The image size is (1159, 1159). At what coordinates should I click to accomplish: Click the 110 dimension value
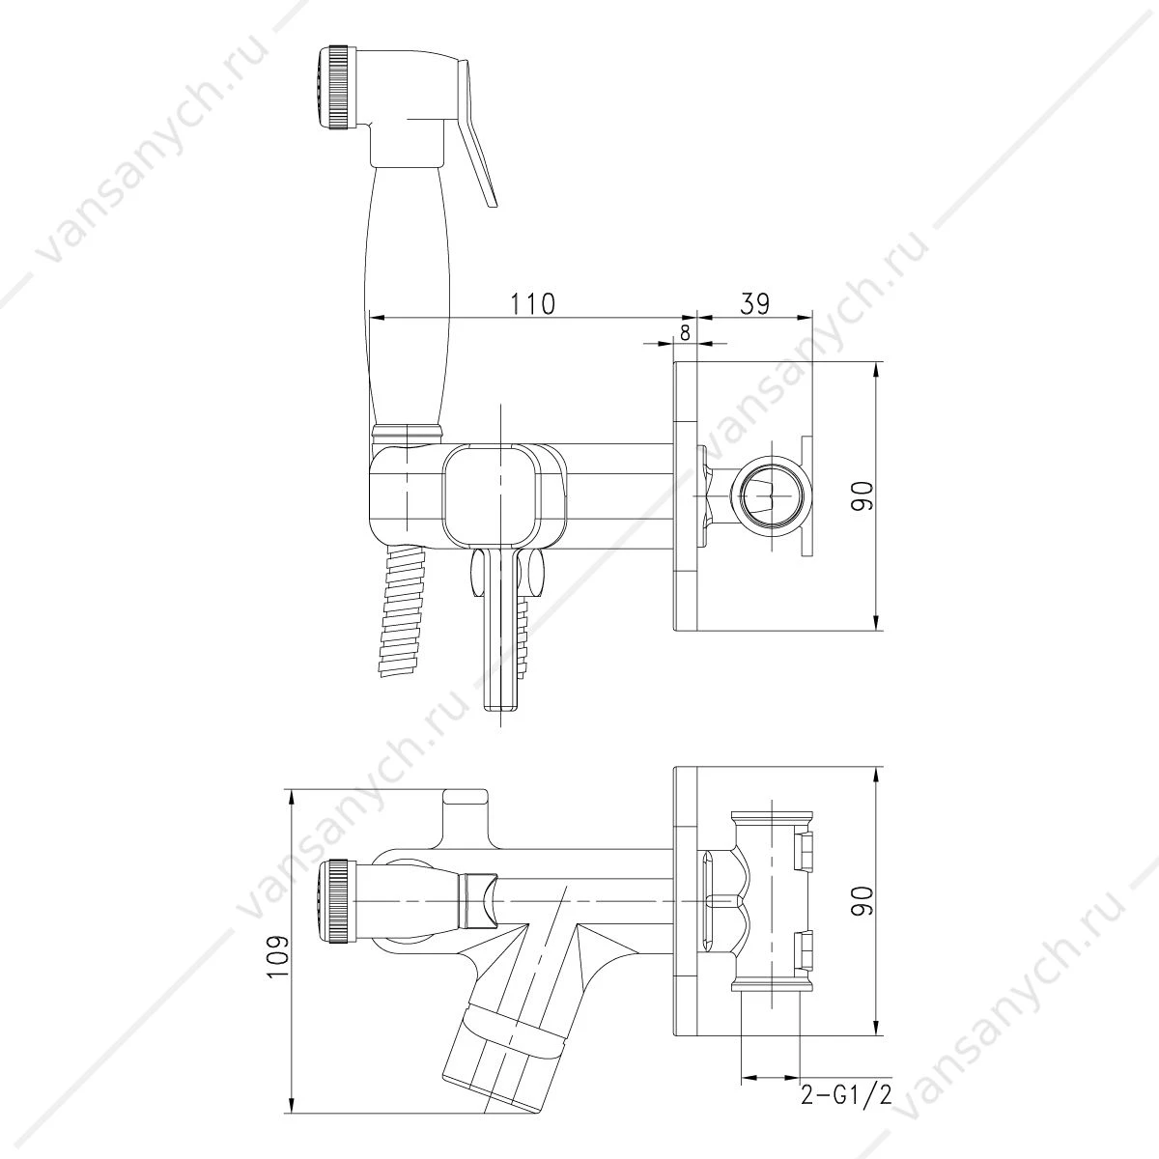pos(533,303)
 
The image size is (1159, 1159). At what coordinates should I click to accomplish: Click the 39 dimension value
pos(754,303)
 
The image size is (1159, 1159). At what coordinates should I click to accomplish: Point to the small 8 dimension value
pos(685,332)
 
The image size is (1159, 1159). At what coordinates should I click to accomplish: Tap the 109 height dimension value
pos(280,970)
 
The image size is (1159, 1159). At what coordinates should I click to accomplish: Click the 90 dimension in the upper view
pos(862,496)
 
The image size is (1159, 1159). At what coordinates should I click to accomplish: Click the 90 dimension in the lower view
pos(862,900)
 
